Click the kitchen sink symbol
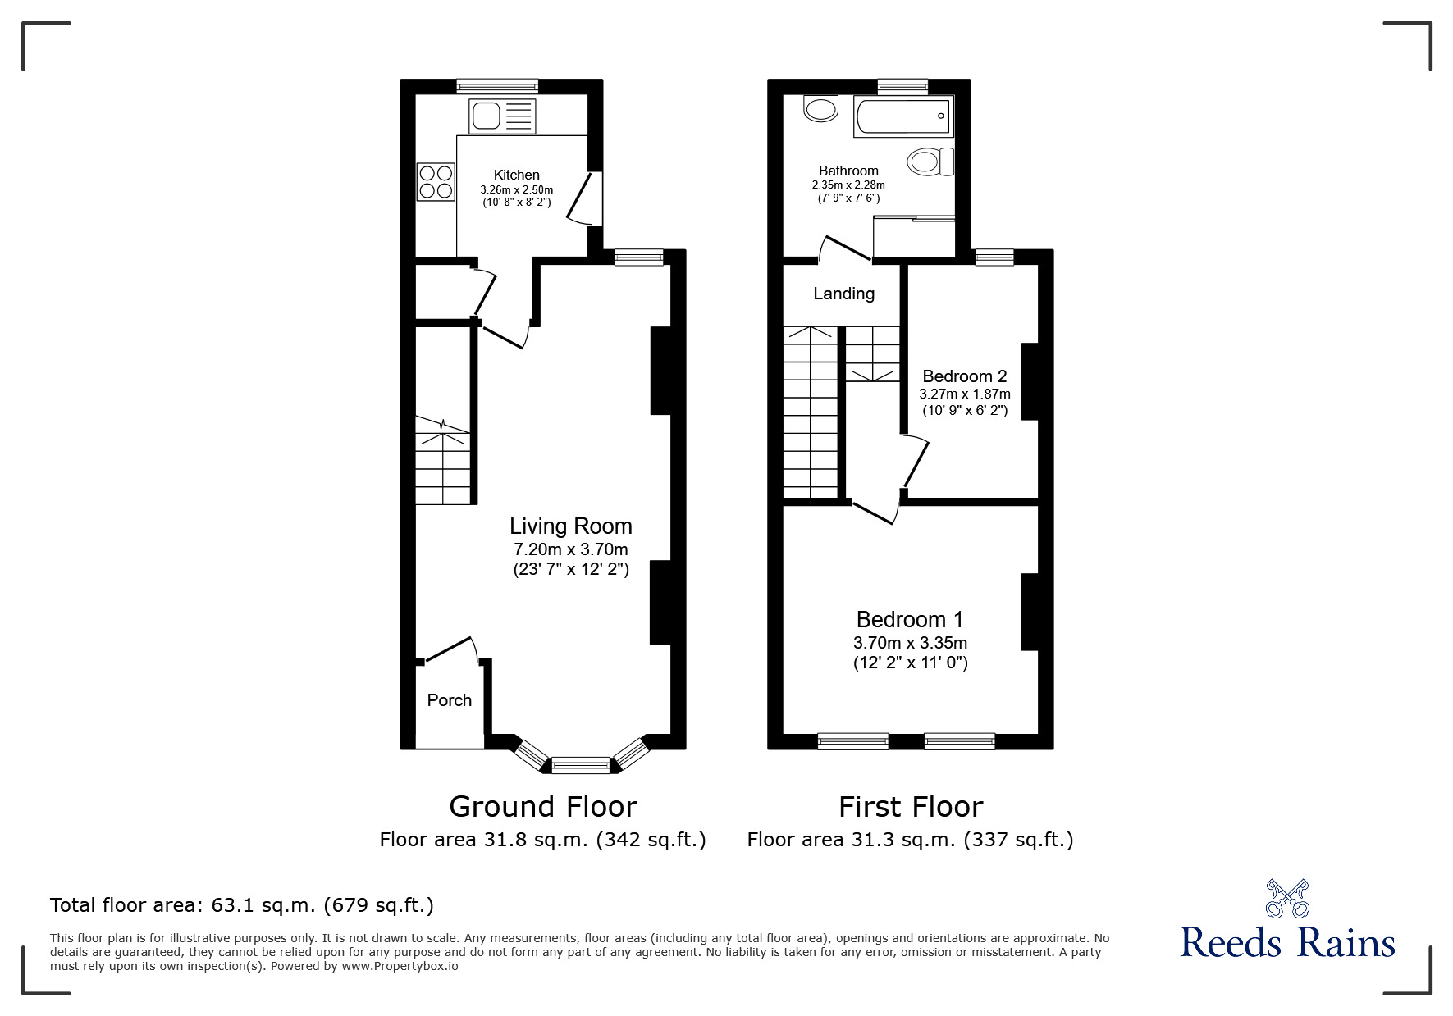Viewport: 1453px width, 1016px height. coord(501,116)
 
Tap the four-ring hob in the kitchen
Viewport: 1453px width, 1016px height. coord(436,182)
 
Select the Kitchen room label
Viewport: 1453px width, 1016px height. coord(517,175)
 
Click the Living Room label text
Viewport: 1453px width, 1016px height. coord(571,526)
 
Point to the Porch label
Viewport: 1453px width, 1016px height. coord(450,700)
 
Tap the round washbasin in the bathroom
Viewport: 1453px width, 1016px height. coord(821,107)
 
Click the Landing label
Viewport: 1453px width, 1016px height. coord(843,294)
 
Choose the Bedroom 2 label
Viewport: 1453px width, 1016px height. coord(965,376)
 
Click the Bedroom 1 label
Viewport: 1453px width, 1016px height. coord(910,620)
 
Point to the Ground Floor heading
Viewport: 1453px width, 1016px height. coord(543,807)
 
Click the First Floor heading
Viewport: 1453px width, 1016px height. coord(911,807)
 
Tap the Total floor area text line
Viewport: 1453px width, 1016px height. coord(242,905)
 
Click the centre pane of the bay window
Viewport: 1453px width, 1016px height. coord(581,766)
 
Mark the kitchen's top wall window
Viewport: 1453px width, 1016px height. coord(497,84)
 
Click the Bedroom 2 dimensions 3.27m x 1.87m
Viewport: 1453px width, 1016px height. coord(965,394)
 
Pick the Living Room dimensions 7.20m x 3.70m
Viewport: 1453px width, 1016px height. coord(571,549)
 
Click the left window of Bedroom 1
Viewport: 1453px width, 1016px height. coord(853,741)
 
